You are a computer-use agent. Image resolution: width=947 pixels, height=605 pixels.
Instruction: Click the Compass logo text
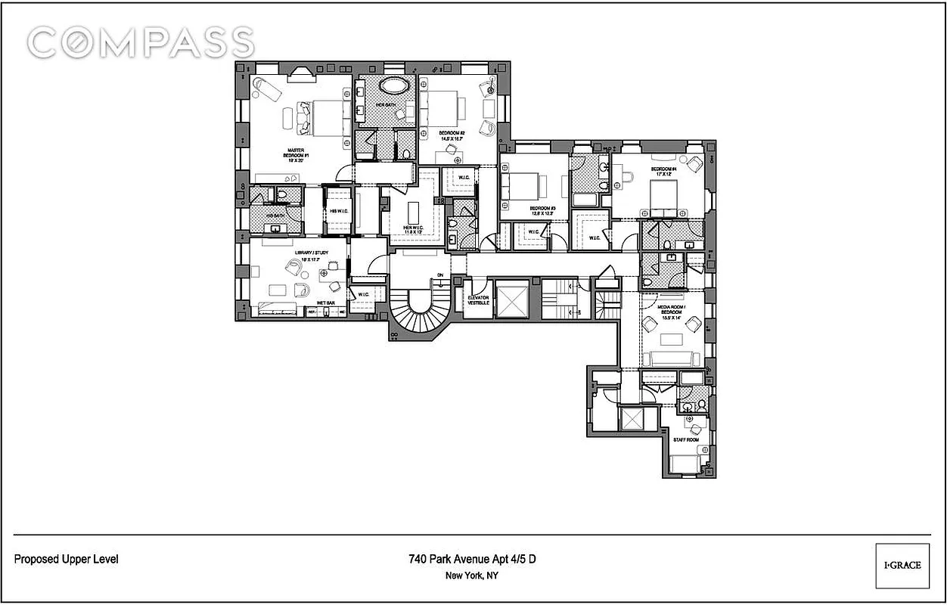point(141,42)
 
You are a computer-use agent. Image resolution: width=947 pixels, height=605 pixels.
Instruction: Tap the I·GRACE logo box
point(902,565)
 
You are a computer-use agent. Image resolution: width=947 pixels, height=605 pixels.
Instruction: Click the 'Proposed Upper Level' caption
point(67,560)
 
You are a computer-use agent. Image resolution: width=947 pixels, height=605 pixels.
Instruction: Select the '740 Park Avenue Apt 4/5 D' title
point(473,560)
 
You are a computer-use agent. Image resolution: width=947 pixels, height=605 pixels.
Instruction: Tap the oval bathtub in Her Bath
point(391,85)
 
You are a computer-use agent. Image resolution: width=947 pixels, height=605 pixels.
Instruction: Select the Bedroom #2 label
point(452,136)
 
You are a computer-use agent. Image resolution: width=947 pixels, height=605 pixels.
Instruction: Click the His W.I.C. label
point(337,211)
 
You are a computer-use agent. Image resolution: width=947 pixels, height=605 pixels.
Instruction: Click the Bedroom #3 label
point(542,210)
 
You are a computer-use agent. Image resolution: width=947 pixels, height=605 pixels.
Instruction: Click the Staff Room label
point(685,439)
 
